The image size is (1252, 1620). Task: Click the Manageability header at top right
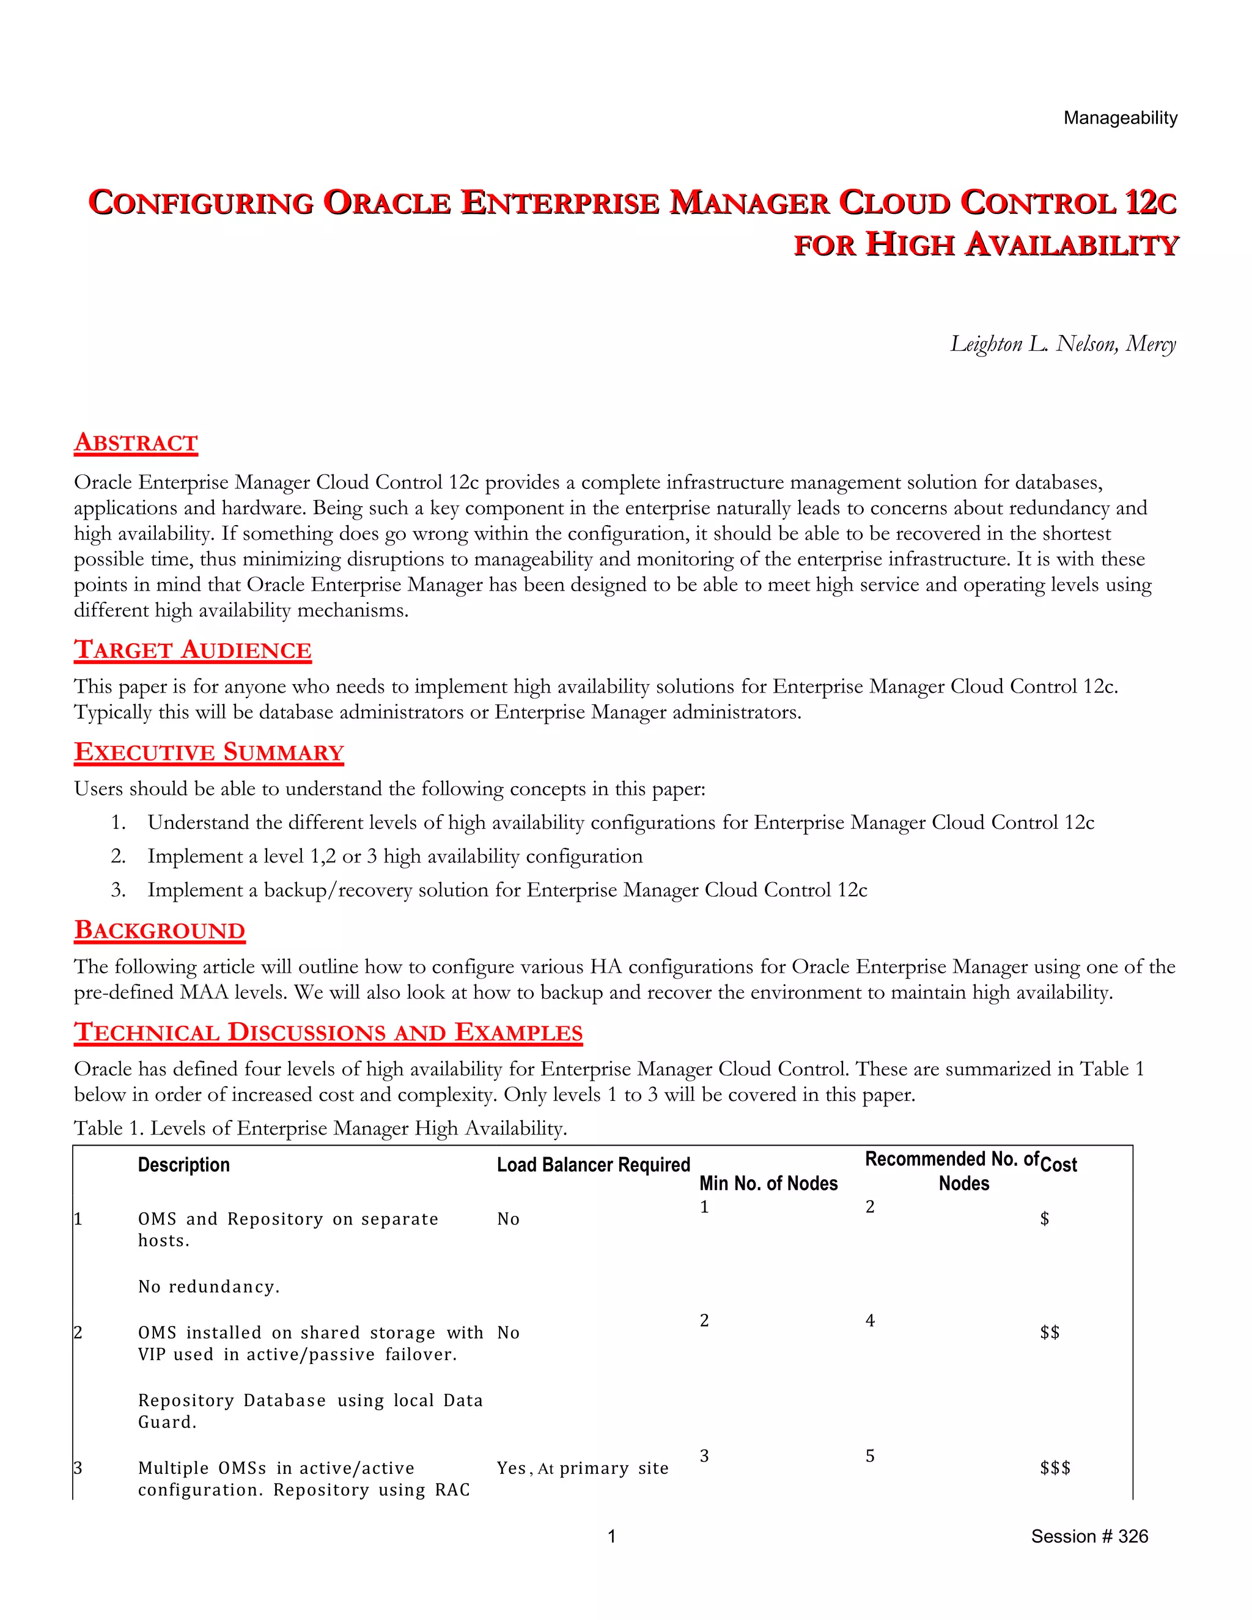tap(1119, 118)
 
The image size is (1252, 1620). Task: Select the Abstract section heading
tap(136, 442)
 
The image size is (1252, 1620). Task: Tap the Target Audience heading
tap(192, 650)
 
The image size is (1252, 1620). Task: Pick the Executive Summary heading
tap(208, 752)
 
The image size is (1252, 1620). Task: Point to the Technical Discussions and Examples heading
tap(328, 1033)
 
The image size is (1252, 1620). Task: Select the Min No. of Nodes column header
tap(768, 1183)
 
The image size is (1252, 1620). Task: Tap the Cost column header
tap(1058, 1165)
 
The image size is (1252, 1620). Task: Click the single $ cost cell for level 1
tap(1044, 1219)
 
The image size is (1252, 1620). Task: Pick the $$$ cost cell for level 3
tap(1054, 1468)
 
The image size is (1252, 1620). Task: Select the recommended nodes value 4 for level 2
tap(870, 1320)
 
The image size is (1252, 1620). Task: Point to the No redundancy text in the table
tap(209, 1287)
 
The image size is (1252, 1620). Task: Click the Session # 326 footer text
tap(1089, 1536)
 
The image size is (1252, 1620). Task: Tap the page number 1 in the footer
tap(611, 1536)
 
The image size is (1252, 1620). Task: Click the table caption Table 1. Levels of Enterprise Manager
tap(320, 1128)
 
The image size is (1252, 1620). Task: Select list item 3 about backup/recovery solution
tap(507, 890)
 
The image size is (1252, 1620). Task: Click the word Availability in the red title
tap(1071, 245)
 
